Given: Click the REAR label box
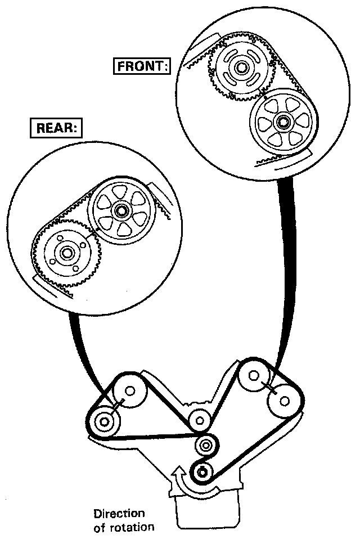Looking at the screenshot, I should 56,127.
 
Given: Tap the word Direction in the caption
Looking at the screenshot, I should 119,514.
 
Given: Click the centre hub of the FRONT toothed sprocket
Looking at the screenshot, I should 242,69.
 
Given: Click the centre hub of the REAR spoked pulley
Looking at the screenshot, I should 120,211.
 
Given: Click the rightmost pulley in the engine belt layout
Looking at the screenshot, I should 285,401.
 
